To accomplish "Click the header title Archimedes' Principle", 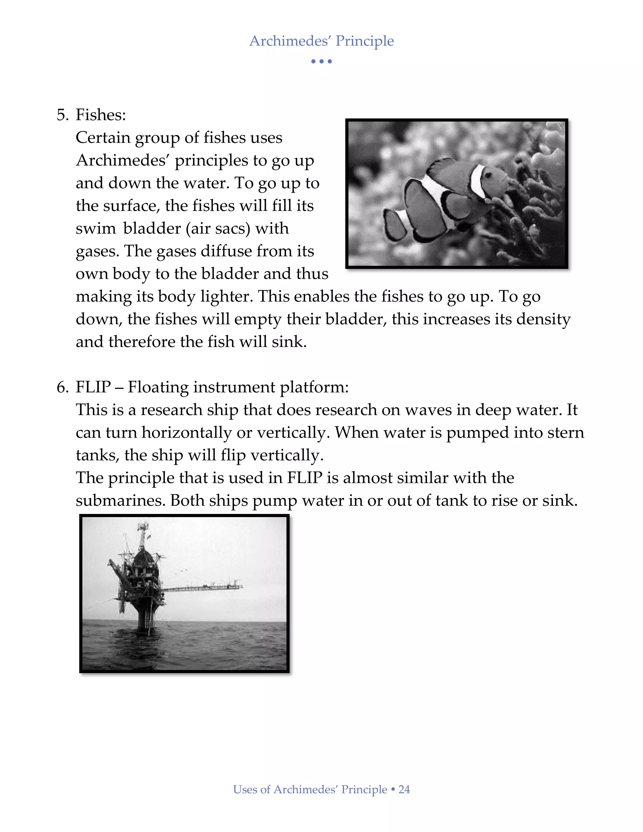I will coord(321,41).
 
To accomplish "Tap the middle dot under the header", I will coord(321,61).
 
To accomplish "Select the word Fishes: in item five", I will coord(100,115).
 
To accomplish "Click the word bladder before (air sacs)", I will coord(152,228).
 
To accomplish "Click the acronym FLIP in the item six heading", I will coord(93,387).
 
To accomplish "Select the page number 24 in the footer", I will coord(404,790).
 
